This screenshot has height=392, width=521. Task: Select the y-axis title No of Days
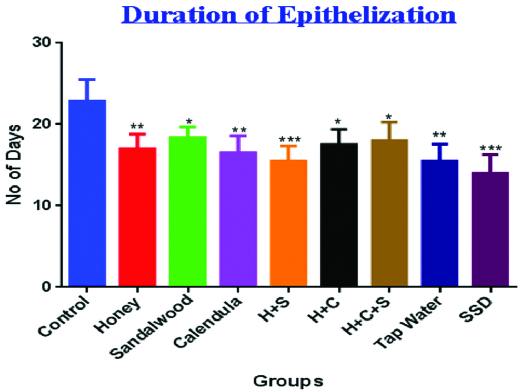click(x=16, y=164)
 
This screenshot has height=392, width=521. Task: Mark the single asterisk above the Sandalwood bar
click(x=188, y=121)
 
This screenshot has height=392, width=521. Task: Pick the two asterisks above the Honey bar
click(x=137, y=127)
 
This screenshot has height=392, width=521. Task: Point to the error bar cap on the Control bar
click(x=87, y=79)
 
